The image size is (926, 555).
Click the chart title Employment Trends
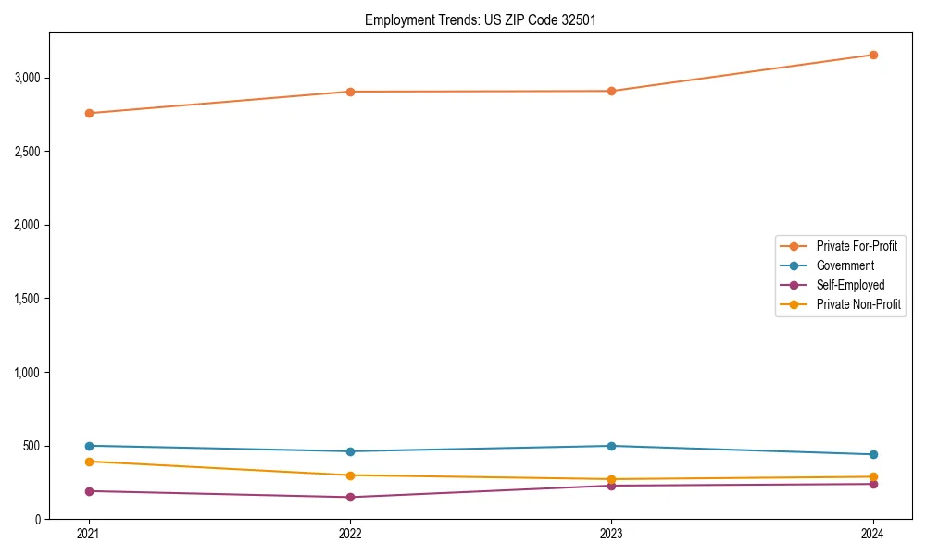473,19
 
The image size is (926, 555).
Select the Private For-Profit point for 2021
89,113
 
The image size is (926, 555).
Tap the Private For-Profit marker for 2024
873,55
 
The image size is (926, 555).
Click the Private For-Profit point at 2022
350,92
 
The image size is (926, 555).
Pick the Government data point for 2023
612,446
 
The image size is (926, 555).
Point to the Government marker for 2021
89,446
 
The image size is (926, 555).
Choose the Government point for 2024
873,454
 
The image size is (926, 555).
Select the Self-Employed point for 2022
350,497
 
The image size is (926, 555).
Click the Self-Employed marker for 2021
89,491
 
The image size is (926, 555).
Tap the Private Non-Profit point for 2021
89,462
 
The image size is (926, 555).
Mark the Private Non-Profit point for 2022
350,475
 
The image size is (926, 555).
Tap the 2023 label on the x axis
612,534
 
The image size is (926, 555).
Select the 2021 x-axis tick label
89,534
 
